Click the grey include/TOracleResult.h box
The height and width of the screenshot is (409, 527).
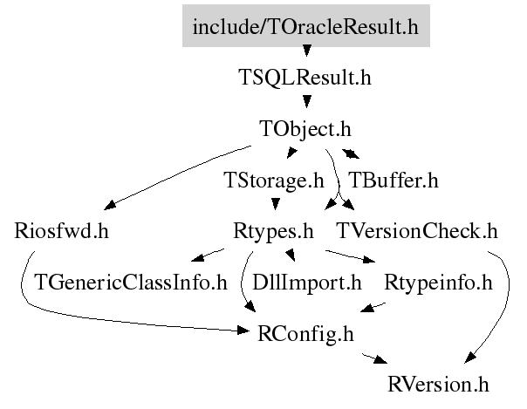coord(306,25)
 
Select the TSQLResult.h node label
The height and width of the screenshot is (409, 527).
coord(305,78)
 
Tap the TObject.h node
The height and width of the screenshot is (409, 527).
coord(305,129)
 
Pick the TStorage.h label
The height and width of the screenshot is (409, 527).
coord(274,181)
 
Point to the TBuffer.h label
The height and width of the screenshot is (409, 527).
coord(394,181)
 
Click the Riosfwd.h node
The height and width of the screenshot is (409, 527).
coord(61,231)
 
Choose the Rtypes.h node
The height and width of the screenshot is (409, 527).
coord(273,232)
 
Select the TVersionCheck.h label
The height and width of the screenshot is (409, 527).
coord(417,231)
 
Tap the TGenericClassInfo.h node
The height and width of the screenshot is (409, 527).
coord(131,283)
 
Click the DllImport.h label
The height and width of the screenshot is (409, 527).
coord(306,283)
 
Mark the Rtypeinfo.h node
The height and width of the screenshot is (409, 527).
coord(438,283)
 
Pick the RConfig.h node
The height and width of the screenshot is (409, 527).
coord(305,334)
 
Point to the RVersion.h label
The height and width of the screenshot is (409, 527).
coord(438,385)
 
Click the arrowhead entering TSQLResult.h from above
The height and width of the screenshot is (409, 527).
coord(306,51)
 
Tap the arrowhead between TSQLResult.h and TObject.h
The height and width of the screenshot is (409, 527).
coord(306,102)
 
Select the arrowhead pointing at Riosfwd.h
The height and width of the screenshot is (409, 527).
coord(110,205)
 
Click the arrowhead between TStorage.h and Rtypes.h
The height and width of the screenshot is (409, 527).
coord(276,204)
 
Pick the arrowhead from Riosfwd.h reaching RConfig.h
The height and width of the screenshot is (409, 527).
coord(243,331)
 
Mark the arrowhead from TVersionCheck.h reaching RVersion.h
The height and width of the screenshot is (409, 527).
coord(469,358)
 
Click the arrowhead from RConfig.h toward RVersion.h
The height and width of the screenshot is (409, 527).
coord(380,360)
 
